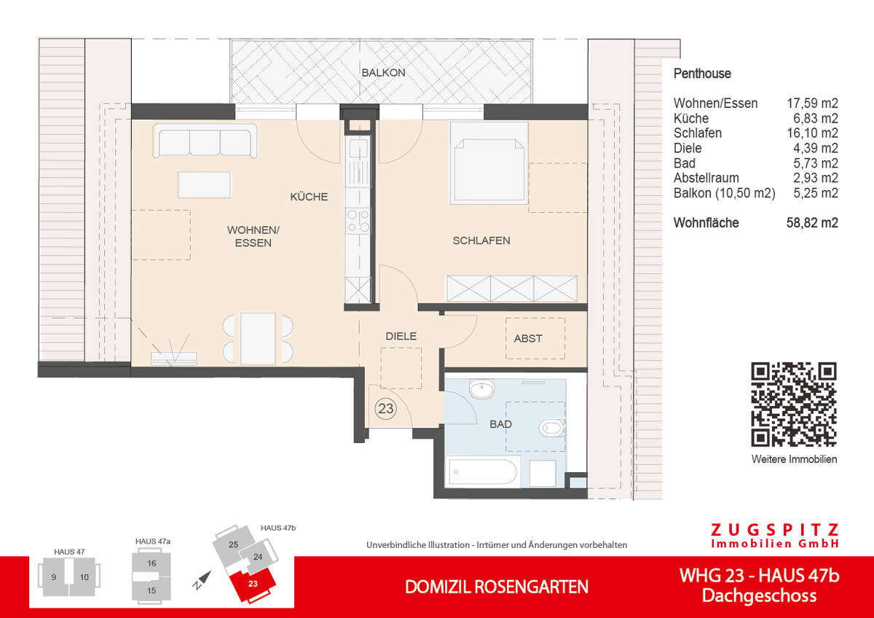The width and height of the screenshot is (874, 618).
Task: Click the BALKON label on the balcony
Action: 383,73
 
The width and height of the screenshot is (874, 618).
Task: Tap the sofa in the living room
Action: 205,141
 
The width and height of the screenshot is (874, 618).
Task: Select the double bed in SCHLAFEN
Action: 489,162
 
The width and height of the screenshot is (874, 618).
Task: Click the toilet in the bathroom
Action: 551,428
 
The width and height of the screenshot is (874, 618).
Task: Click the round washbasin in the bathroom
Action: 481,390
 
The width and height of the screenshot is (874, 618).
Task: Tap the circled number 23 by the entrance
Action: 385,409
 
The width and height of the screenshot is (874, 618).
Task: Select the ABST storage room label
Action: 528,338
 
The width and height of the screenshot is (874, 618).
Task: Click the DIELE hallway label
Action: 401,336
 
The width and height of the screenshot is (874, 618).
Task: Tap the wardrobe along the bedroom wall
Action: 512,289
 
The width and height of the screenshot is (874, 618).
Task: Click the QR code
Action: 793,404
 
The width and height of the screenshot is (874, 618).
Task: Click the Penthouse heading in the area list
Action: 702,74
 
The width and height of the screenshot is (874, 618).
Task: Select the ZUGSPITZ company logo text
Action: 775,531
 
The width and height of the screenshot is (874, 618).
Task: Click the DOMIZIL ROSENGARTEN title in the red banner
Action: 497,587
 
